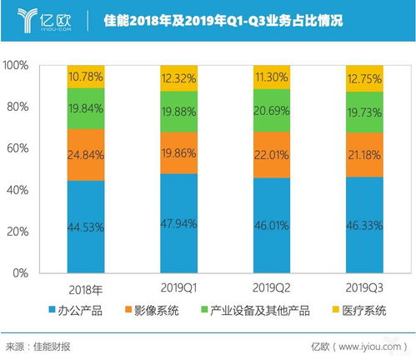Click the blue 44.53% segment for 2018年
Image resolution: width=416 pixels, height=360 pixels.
tap(86, 226)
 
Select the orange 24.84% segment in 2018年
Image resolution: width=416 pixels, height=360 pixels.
tap(86, 154)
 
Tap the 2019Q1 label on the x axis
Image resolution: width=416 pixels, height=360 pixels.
tap(179, 285)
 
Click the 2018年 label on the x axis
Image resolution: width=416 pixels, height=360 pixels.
tap(86, 285)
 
